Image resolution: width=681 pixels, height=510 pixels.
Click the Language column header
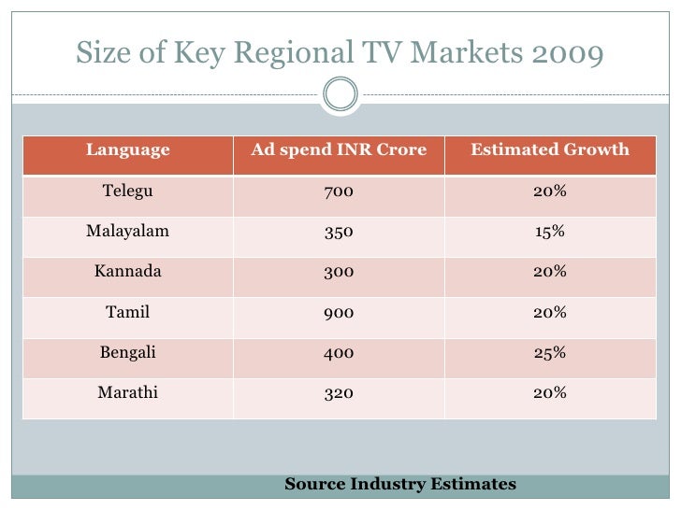[x=128, y=150]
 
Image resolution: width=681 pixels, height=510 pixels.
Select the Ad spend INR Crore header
[x=339, y=150]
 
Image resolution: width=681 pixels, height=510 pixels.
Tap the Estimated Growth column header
[x=549, y=150]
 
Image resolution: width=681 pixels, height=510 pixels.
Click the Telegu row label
[x=128, y=191]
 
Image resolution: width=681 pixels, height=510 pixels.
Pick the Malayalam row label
[x=128, y=232]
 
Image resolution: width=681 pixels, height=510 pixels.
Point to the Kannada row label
[x=128, y=272]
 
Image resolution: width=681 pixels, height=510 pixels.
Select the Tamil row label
[x=128, y=313]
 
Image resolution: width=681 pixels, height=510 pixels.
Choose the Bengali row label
[x=128, y=353]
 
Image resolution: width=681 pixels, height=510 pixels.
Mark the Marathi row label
[x=128, y=393]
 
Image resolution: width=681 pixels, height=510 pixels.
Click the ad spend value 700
[x=339, y=191]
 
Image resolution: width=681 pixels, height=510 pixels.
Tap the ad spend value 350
[x=339, y=232]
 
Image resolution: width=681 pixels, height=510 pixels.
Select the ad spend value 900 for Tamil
[x=339, y=313]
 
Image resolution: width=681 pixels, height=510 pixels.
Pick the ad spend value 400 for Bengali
[x=339, y=353]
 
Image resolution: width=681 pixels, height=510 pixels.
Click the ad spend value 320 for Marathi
[x=339, y=393]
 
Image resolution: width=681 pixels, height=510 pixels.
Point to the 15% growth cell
[x=549, y=232]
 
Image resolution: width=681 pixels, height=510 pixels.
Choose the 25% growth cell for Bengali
[x=549, y=353]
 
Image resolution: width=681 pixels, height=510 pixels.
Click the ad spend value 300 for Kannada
[x=339, y=272]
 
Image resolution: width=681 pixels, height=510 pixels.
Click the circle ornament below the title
[x=340, y=93]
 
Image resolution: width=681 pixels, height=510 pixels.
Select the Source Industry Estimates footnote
[x=400, y=484]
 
